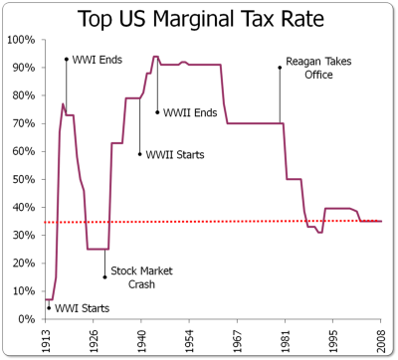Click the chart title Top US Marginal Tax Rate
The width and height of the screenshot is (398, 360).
pyautogui.click(x=201, y=19)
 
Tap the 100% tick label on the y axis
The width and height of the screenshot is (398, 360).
pyautogui.click(x=21, y=40)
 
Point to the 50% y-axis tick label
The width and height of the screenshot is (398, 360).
pyautogui.click(x=24, y=179)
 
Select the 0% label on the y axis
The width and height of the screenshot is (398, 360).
pyautogui.click(x=26, y=319)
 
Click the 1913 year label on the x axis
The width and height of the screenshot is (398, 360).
pyautogui.click(x=46, y=341)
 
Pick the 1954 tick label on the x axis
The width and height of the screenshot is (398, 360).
pyautogui.click(x=189, y=341)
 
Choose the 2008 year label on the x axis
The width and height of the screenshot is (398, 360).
pyautogui.click(x=381, y=341)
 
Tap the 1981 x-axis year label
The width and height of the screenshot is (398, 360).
pyautogui.click(x=286, y=341)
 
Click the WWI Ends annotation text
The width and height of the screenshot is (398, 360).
pyautogui.click(x=98, y=60)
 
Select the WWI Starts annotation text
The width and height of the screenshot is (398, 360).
pyautogui.click(x=82, y=308)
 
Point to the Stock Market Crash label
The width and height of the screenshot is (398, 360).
pyautogui.click(x=141, y=277)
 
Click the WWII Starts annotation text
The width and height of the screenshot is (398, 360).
pyautogui.click(x=175, y=155)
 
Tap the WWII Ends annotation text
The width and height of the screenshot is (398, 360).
pyautogui.click(x=190, y=112)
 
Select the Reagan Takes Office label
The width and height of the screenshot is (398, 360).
pyautogui.click(x=318, y=68)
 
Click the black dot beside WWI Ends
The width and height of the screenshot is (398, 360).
pyautogui.click(x=67, y=60)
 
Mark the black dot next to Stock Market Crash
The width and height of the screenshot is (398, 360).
pyautogui.click(x=104, y=277)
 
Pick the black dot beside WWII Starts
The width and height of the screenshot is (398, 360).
pyautogui.click(x=139, y=154)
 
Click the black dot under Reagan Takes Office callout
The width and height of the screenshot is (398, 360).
pyautogui.click(x=280, y=68)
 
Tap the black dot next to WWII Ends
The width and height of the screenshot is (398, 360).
pyautogui.click(x=157, y=112)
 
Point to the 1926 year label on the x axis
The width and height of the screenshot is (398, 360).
pyautogui.click(x=94, y=341)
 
